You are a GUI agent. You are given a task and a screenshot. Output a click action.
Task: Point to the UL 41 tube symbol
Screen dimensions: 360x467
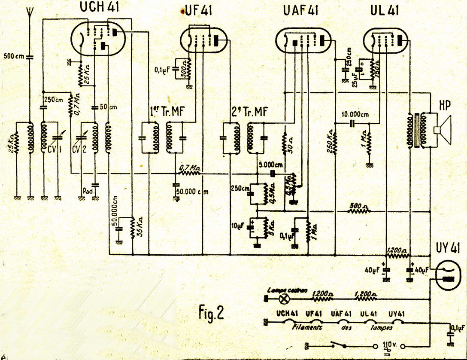click(x=385, y=40)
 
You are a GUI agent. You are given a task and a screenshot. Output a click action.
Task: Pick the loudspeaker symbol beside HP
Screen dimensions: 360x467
click(x=442, y=129)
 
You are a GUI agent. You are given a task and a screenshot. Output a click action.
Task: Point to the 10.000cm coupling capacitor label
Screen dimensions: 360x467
click(x=355, y=115)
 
